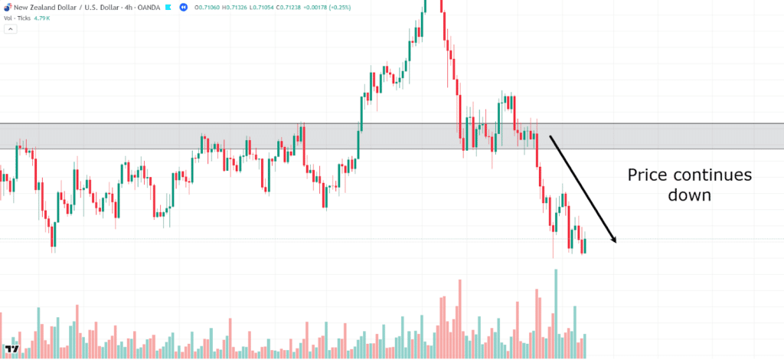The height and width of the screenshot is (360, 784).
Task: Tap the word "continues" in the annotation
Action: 714,175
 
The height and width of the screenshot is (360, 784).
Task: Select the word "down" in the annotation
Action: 690,195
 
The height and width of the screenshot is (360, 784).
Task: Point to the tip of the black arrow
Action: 616,243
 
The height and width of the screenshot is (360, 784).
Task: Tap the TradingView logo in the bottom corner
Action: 11,349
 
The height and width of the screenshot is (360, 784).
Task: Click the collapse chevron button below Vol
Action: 11,29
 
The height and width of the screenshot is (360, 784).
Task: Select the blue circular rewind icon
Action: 184,6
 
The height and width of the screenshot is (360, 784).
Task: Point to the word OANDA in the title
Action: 146,6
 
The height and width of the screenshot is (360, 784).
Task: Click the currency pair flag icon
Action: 7,6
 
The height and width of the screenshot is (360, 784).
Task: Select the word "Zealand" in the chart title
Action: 45,6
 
